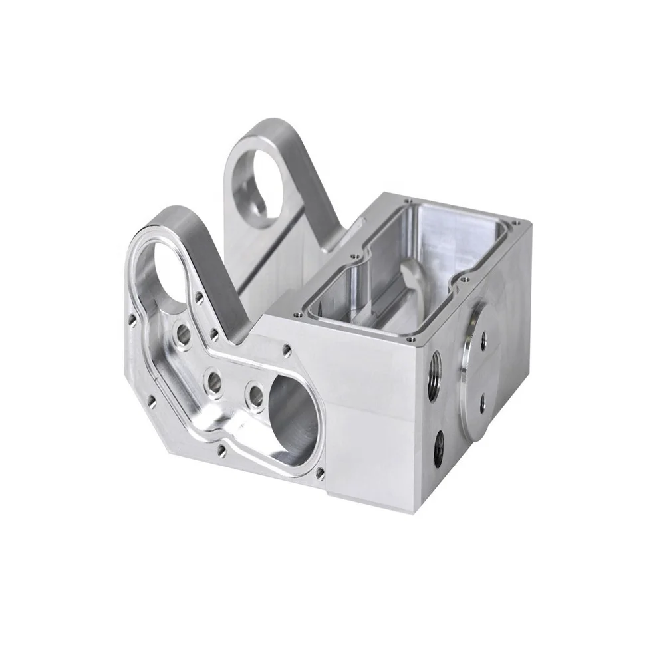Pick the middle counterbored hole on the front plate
click(x=214, y=380)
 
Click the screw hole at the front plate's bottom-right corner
click(x=321, y=473)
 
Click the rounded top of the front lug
click(x=174, y=214)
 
